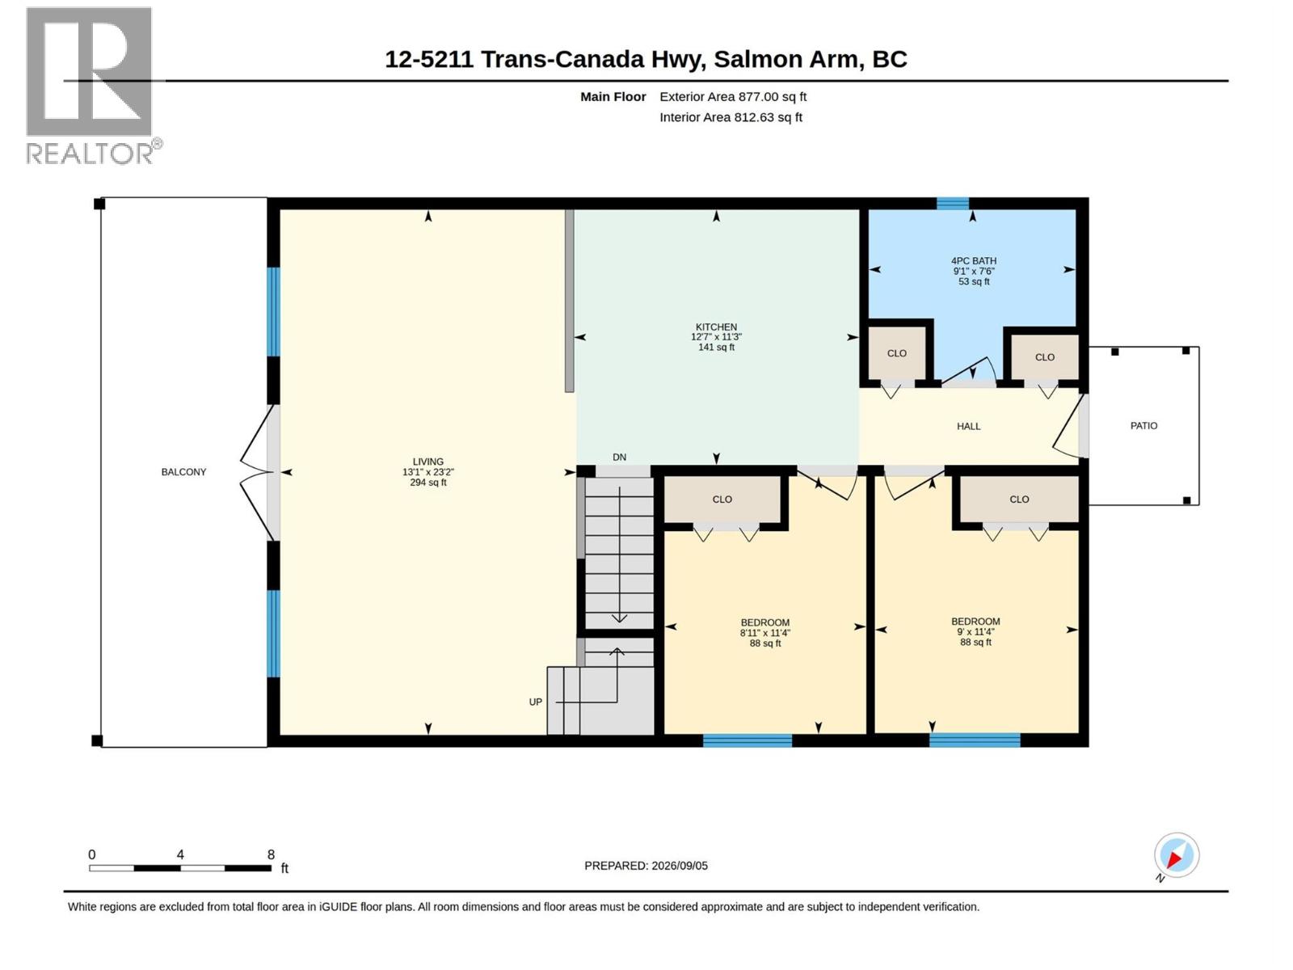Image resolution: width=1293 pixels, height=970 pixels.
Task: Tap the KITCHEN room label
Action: click(716, 327)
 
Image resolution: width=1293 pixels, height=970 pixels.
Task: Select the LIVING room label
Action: click(427, 462)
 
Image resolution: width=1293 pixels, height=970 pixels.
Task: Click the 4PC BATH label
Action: click(973, 261)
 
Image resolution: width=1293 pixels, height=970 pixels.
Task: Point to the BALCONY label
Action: click(183, 472)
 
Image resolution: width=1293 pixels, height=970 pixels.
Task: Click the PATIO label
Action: click(1143, 426)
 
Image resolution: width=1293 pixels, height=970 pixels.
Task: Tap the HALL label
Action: click(968, 427)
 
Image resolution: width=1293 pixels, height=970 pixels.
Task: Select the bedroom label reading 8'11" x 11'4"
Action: click(764, 633)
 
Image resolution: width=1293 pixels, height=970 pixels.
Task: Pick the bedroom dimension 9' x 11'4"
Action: click(975, 632)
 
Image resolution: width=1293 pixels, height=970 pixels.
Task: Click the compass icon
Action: click(1177, 855)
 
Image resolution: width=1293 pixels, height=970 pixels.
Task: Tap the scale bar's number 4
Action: click(180, 854)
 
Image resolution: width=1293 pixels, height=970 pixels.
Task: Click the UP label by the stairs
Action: click(535, 702)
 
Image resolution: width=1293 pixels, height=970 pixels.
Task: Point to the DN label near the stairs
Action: click(619, 457)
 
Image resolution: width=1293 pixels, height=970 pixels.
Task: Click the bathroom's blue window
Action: click(953, 203)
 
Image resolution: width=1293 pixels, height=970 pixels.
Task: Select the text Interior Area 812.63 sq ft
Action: click(731, 117)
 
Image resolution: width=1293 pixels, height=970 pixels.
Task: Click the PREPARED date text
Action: click(646, 866)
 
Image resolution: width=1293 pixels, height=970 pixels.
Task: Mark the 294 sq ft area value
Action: click(427, 483)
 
